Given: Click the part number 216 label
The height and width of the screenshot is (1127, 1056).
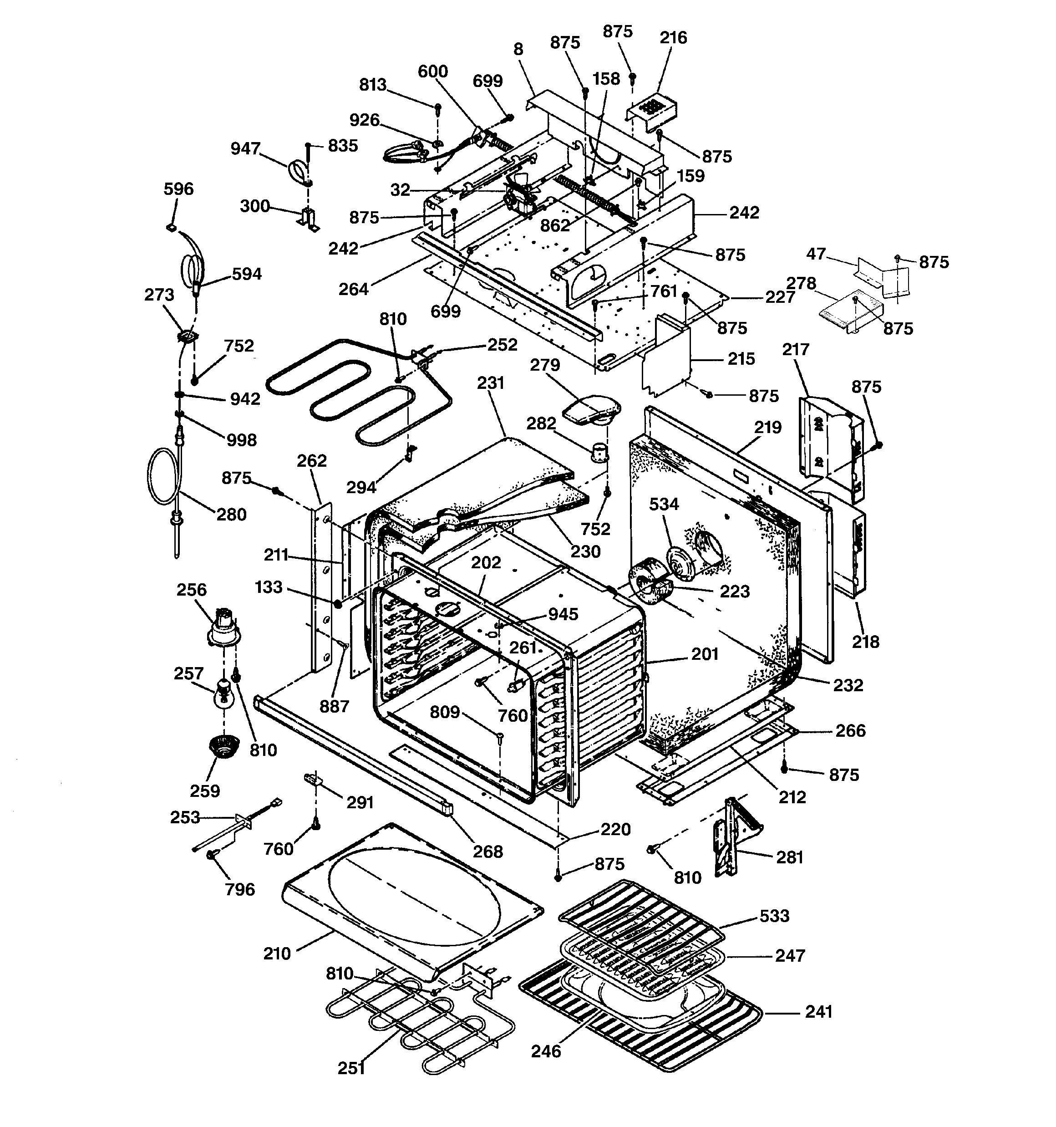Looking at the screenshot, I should coord(673,38).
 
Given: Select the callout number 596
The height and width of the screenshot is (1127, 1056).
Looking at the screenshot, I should coord(178,189).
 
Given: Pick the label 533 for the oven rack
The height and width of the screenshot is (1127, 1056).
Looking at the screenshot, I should coord(774,916).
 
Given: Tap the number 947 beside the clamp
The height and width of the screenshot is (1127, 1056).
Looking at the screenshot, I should coord(245,148).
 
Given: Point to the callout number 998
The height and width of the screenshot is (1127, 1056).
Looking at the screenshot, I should coord(241,440).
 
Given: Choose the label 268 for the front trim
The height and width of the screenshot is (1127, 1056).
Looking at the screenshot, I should coord(487,852).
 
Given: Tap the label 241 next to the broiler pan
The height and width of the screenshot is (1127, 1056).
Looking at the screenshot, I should coord(818,1011).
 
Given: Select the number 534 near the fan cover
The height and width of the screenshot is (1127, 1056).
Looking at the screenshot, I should coord(663,504).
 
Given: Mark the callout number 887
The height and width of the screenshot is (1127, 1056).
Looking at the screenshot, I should coord(334,706).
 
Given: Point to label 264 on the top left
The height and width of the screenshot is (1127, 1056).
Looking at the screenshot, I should coord(353,289).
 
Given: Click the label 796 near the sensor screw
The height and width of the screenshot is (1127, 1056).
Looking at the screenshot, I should coord(240,889).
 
